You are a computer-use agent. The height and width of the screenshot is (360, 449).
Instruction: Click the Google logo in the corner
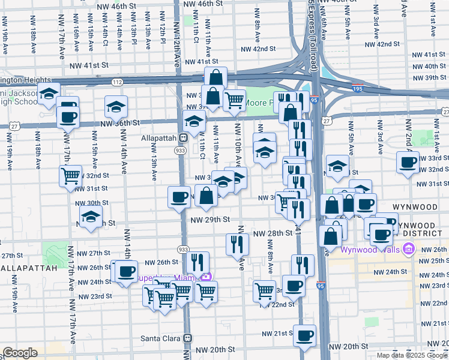(x=20, y=353)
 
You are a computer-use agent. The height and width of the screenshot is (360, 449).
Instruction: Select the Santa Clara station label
(x=161, y=338)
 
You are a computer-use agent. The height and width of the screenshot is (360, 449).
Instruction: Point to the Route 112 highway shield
(x=118, y=82)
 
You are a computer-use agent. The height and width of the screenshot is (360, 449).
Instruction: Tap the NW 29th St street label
(x=210, y=220)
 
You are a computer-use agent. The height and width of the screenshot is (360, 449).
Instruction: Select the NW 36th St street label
(x=121, y=122)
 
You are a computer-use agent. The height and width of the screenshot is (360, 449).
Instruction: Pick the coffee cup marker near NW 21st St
(x=305, y=334)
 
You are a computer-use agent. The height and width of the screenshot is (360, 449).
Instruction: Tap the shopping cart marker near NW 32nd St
(x=71, y=176)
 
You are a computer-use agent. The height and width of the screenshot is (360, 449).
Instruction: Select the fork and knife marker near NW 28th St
(x=238, y=243)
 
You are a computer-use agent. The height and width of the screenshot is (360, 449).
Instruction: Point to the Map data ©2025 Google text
(x=411, y=355)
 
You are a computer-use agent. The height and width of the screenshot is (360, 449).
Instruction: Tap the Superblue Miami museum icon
(x=207, y=277)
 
